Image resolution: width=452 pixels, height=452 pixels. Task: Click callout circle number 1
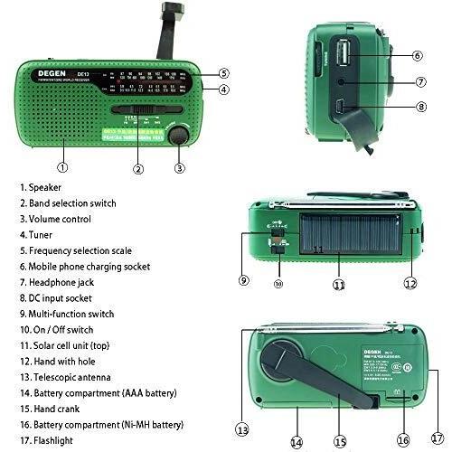coord(62,166)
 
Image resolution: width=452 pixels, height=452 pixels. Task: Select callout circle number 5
coord(223,73)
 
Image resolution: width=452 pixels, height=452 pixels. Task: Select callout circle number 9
coord(243,281)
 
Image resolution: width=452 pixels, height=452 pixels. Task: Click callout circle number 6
coord(418,55)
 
